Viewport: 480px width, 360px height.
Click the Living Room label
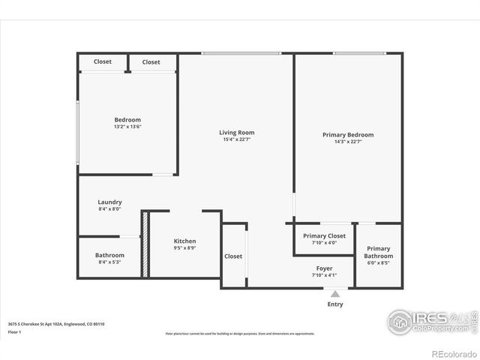click(x=236, y=133)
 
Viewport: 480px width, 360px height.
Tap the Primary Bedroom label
click(x=348, y=135)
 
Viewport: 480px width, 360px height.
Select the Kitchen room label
click(x=184, y=241)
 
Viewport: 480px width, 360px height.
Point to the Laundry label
click(x=109, y=202)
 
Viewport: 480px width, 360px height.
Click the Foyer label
click(x=324, y=268)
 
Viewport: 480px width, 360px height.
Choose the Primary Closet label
click(x=324, y=235)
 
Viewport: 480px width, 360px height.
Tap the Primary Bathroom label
click(x=378, y=252)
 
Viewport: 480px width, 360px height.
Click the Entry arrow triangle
click(x=335, y=294)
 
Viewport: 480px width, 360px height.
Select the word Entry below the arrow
click(x=335, y=304)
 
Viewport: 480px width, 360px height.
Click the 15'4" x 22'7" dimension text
click(x=236, y=140)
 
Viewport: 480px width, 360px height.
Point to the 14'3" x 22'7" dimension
click(x=348, y=142)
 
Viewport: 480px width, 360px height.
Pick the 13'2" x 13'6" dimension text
click(x=127, y=127)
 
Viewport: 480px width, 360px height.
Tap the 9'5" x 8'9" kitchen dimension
click(x=184, y=248)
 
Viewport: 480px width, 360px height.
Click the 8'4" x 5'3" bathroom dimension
click(x=109, y=262)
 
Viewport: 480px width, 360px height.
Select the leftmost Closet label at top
click(x=103, y=61)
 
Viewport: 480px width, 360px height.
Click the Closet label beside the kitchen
click(x=233, y=256)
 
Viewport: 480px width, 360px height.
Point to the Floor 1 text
click(x=13, y=331)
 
